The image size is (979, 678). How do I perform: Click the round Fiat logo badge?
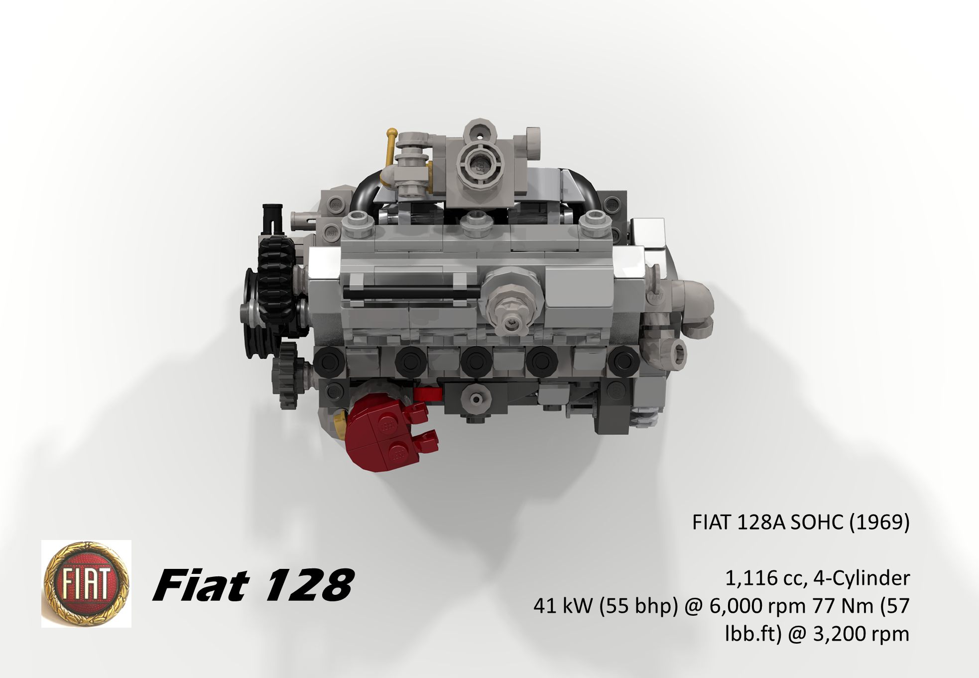(86, 583)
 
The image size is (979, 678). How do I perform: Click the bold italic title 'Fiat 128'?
(253, 585)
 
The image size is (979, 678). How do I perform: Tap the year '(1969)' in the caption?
(879, 522)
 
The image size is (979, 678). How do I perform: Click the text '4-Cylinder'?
(861, 578)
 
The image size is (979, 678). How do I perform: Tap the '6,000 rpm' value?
(757, 606)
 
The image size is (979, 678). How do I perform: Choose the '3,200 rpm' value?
(861, 634)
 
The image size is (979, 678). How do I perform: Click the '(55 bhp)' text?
(638, 606)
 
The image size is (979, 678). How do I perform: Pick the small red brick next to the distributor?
(427, 394)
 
